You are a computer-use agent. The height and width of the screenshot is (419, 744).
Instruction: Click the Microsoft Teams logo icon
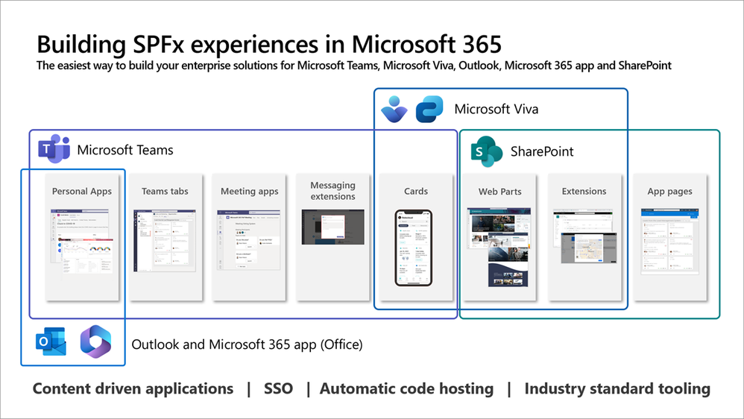pyautogui.click(x=54, y=150)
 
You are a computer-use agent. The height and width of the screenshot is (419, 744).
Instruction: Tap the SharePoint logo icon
pyautogui.click(x=488, y=151)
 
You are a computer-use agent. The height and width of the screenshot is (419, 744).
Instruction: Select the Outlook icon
pyautogui.click(x=51, y=343)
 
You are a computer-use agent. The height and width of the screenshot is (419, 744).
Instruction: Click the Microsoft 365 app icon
pyautogui.click(x=95, y=342)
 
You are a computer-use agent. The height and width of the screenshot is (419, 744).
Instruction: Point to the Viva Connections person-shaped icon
pyautogui.click(x=394, y=109)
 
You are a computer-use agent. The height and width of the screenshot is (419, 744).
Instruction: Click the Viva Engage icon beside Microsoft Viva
pyautogui.click(x=429, y=109)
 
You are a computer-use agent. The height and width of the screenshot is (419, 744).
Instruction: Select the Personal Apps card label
pyautogui.click(x=82, y=192)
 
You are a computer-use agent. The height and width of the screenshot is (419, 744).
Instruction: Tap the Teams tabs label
pyautogui.click(x=165, y=192)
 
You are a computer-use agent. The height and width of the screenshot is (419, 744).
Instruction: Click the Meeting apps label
pyautogui.click(x=249, y=192)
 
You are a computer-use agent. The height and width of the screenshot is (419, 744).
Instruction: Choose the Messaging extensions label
pyautogui.click(x=332, y=191)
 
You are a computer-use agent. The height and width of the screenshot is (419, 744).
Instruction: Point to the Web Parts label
pyautogui.click(x=499, y=192)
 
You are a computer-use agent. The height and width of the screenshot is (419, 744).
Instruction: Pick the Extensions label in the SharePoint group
pyautogui.click(x=584, y=192)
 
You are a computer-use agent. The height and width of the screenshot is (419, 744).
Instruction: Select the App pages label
pyautogui.click(x=669, y=192)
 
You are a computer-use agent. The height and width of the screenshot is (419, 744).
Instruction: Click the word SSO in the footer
pyautogui.click(x=278, y=388)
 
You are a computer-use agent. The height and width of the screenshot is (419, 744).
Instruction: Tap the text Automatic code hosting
pyautogui.click(x=406, y=388)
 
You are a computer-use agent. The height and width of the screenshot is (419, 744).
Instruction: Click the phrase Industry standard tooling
pyautogui.click(x=617, y=388)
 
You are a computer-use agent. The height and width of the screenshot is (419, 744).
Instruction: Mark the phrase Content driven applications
pyautogui.click(x=133, y=388)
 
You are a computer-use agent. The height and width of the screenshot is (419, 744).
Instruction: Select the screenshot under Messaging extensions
pyautogui.click(x=332, y=227)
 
